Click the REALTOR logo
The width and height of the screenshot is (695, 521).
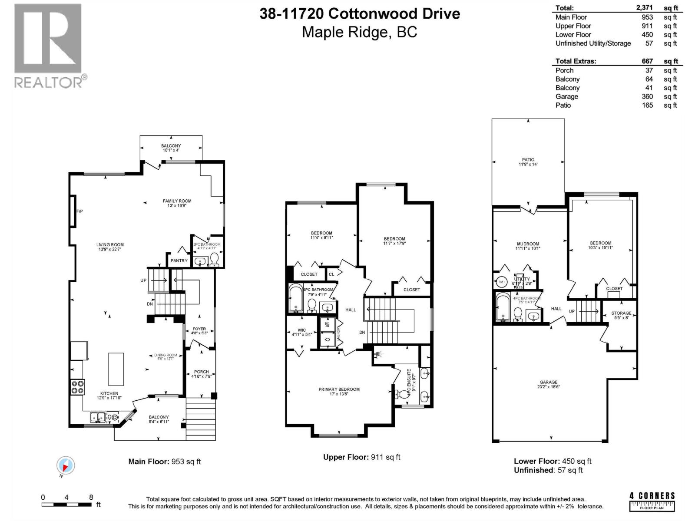pos(48,46)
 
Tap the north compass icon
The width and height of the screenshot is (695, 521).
pos(66,466)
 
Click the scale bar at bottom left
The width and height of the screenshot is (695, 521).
pos(66,505)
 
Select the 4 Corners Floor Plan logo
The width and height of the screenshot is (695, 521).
pos(652,501)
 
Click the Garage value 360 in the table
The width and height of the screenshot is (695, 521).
pos(647,96)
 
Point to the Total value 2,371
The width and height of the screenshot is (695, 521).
pos(644,8)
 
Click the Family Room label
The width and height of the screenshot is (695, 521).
pos(177,201)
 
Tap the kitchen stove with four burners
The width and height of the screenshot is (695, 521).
pos(77,387)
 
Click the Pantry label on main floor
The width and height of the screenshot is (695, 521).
pos(179,260)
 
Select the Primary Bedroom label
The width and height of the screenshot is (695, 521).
pos(339,389)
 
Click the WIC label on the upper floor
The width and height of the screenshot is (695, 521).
pos(302,330)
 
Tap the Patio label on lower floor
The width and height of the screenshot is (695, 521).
pos(528,160)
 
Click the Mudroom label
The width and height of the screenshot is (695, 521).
pos(528,244)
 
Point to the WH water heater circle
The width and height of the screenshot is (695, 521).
pos(502,282)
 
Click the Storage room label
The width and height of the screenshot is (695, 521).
pos(621,313)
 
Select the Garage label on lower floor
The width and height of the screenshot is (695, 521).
pos(549,382)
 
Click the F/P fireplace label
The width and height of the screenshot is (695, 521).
pos(79,211)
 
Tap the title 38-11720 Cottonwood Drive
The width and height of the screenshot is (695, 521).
pos(360,14)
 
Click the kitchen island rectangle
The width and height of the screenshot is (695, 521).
pos(116,369)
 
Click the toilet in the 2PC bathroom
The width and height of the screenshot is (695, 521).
pos(214,259)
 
